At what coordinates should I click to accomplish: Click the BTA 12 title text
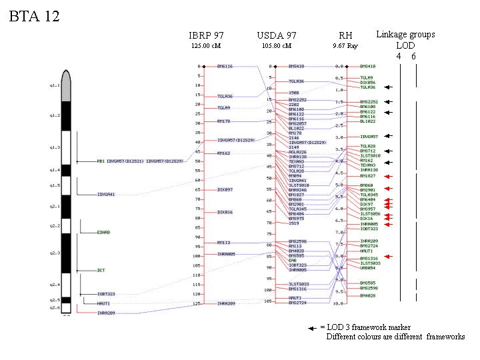(x=34, y=17)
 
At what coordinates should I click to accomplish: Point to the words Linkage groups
(x=405, y=35)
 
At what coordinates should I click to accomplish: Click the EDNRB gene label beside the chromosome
(x=103, y=232)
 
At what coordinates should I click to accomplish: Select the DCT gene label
(x=101, y=270)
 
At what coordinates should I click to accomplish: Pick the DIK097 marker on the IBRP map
(x=225, y=190)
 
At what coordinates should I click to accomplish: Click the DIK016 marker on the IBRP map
(x=225, y=212)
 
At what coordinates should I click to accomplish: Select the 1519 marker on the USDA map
(x=294, y=223)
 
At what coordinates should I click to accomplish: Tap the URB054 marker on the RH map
(x=367, y=268)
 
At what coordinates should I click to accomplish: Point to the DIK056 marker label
(x=367, y=82)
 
